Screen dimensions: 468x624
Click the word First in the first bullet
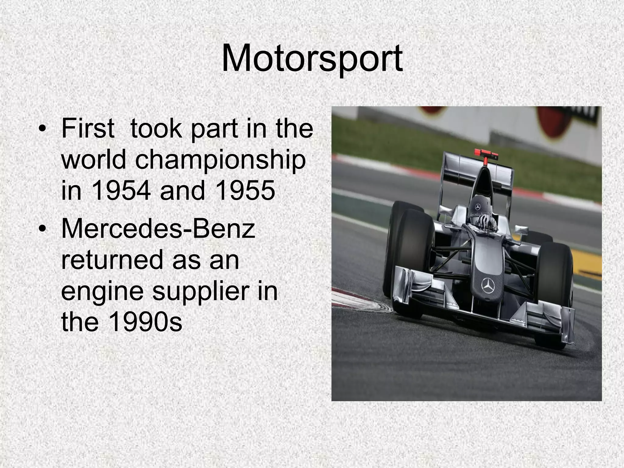(x=88, y=128)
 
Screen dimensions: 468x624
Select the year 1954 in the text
(x=121, y=191)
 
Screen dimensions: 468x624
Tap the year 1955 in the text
(x=244, y=191)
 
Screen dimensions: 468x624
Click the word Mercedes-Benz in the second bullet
(x=158, y=229)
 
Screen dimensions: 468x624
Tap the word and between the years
(x=182, y=191)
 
